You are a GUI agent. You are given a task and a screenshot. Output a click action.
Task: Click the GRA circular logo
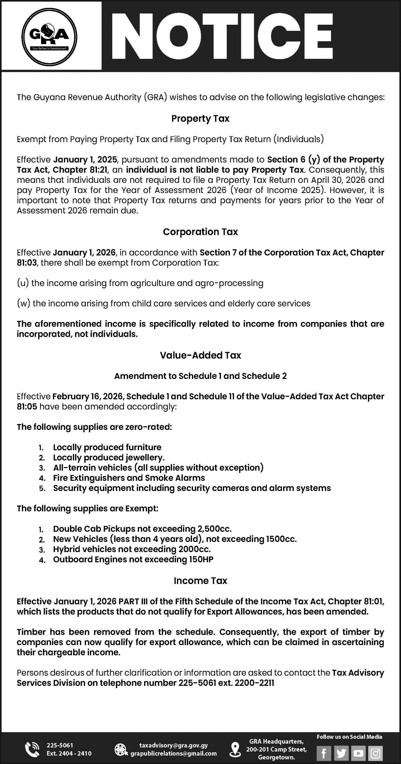click(x=49, y=37)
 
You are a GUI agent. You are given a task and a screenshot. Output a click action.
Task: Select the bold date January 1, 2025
click(x=85, y=160)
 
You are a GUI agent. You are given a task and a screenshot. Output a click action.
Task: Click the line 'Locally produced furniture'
click(x=107, y=447)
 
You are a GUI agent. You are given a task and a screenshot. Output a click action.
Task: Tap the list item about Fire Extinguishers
click(x=129, y=478)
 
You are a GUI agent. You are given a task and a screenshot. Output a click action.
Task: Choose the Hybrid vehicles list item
click(x=132, y=549)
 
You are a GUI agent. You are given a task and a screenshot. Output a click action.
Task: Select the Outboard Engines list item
click(x=133, y=559)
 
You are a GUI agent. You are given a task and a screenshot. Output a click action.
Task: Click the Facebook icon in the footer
click(x=324, y=753)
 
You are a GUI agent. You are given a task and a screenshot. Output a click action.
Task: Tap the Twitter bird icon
click(x=341, y=753)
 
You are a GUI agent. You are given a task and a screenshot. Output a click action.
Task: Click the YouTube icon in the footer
click(x=358, y=753)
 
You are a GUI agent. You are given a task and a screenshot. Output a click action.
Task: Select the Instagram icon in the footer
click(x=375, y=753)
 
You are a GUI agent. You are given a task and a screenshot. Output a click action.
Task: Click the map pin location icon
click(x=235, y=749)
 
